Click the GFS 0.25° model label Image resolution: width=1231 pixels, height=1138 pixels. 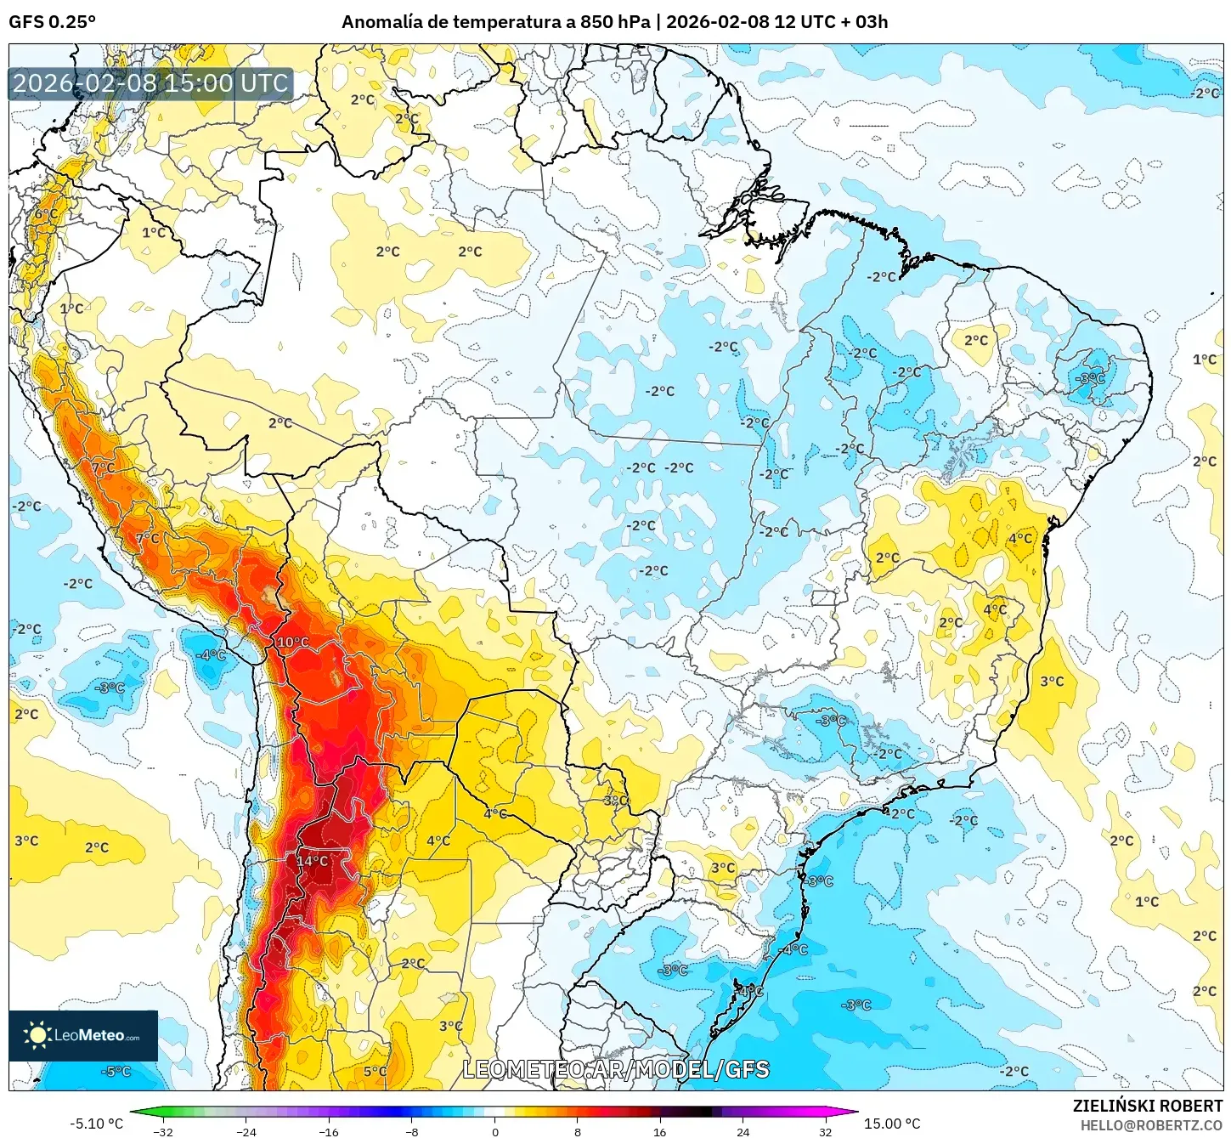pyautogui.click(x=52, y=22)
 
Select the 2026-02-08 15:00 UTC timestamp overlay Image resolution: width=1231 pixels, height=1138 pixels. pyautogui.click(x=150, y=83)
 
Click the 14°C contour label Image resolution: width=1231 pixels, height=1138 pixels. pyautogui.click(x=312, y=861)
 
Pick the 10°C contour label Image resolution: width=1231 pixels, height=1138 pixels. pyautogui.click(x=293, y=642)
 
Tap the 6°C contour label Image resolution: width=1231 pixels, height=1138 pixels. pyautogui.click(x=46, y=214)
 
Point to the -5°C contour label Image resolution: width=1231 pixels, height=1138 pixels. pyautogui.click(x=116, y=1071)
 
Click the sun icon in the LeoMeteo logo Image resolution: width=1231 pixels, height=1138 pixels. pyautogui.click(x=37, y=1035)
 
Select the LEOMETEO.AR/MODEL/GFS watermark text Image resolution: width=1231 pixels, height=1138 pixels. pyautogui.click(x=616, y=1070)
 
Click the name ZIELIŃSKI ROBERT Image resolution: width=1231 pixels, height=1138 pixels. pyautogui.click(x=1147, y=1106)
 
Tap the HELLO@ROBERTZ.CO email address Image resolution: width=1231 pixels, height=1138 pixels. pyautogui.click(x=1151, y=1125)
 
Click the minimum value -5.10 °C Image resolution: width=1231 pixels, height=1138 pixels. pyautogui.click(x=96, y=1124)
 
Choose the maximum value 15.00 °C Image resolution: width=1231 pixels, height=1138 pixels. pyautogui.click(x=892, y=1124)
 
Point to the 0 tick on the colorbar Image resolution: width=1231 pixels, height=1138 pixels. pyautogui.click(x=495, y=1131)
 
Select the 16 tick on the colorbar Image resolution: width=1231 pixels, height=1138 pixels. pyautogui.click(x=660, y=1131)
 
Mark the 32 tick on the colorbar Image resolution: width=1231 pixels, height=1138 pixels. pyautogui.click(x=825, y=1131)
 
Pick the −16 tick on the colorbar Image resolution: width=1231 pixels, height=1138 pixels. pyautogui.click(x=328, y=1131)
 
